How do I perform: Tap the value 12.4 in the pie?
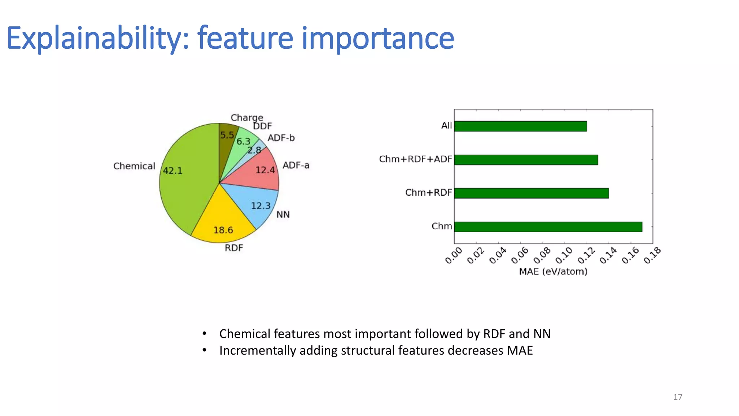(x=265, y=170)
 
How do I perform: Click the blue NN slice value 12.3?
(x=261, y=206)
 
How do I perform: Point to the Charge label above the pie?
(x=247, y=118)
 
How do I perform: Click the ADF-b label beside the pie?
(x=281, y=138)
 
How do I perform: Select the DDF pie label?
(x=262, y=126)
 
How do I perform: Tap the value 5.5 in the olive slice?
(x=227, y=135)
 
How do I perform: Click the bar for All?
(x=520, y=126)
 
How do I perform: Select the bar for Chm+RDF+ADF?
(x=526, y=160)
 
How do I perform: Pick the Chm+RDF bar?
(x=531, y=193)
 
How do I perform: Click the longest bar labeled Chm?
(x=548, y=227)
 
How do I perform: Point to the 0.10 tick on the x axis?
(x=564, y=255)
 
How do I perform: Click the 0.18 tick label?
(x=652, y=255)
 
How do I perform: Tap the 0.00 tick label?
(x=454, y=255)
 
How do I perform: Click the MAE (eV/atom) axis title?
(x=553, y=272)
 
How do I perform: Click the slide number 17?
(x=678, y=397)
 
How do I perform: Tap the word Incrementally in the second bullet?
(x=258, y=351)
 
